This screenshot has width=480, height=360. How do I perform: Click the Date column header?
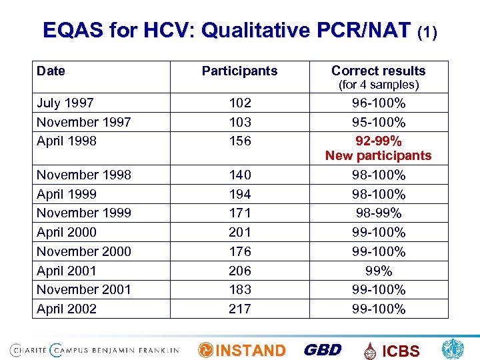(51, 71)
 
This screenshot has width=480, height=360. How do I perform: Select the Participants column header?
(239, 71)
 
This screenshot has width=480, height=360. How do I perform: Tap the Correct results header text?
(378, 71)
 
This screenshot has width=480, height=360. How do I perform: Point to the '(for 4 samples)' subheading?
(378, 85)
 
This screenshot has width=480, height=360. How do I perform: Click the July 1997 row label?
(65, 103)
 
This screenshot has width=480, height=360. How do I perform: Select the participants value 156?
(239, 141)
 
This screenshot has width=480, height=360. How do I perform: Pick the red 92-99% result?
(378, 141)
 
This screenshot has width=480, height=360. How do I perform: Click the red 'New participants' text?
(378, 156)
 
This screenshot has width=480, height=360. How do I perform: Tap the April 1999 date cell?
(66, 194)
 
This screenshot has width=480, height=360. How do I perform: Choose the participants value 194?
(239, 194)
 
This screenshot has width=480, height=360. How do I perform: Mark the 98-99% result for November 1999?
(378, 213)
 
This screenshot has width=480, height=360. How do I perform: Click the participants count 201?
(239, 232)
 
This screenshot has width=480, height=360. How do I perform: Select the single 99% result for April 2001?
(378, 271)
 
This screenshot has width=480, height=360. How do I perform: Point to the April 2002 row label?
(66, 309)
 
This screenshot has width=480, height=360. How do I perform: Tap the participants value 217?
(239, 309)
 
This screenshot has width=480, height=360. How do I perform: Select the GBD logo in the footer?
(323, 350)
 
